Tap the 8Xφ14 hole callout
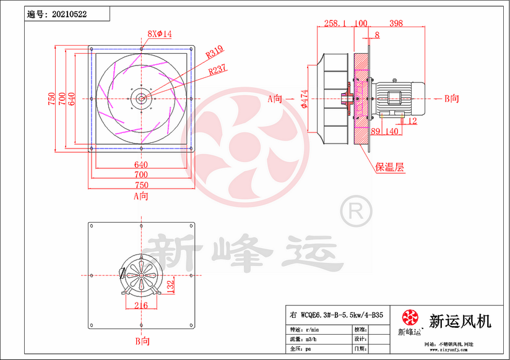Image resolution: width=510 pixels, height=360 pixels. point(159,33)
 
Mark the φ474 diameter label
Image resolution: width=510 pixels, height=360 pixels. point(305,99)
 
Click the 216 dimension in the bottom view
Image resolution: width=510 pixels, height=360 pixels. point(140,305)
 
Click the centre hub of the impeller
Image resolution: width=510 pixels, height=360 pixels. point(141,97)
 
